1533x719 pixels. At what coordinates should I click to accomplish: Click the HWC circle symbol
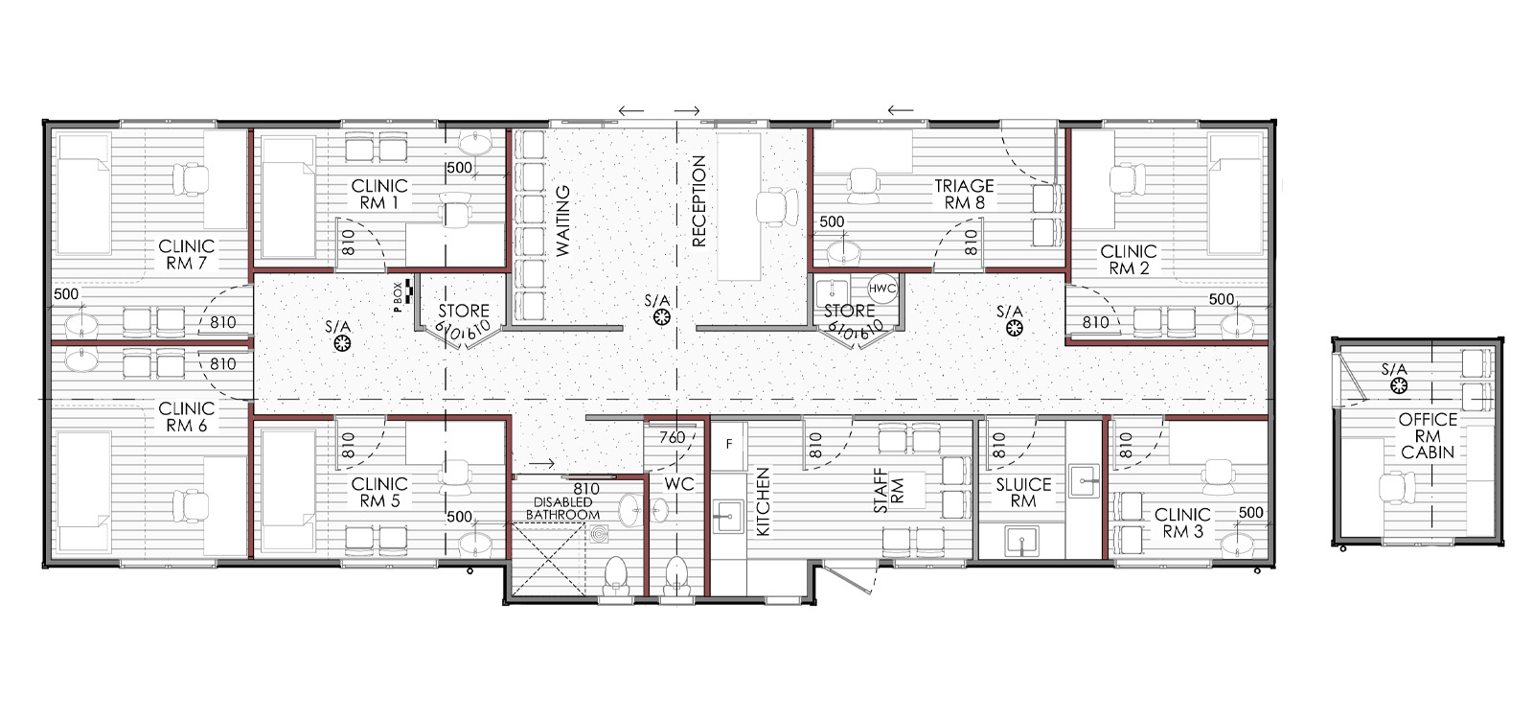[x=882, y=289]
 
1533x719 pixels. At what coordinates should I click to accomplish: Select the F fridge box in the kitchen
[x=729, y=445]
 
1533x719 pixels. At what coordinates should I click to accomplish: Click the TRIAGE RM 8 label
[x=964, y=195]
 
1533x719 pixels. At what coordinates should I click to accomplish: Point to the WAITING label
[x=562, y=220]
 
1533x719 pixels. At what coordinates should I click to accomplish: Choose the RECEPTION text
[x=698, y=201]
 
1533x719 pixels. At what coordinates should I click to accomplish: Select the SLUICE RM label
[x=1023, y=493]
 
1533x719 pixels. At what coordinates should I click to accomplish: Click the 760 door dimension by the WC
[x=673, y=437]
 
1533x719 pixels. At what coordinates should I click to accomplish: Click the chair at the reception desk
[x=777, y=207]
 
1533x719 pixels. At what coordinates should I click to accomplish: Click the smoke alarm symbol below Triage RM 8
[x=1015, y=329]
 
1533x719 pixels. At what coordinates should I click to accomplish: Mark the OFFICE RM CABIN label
[x=1428, y=435]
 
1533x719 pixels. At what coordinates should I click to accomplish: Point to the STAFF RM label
[x=889, y=491]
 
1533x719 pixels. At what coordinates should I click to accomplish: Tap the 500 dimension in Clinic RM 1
[x=459, y=169]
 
